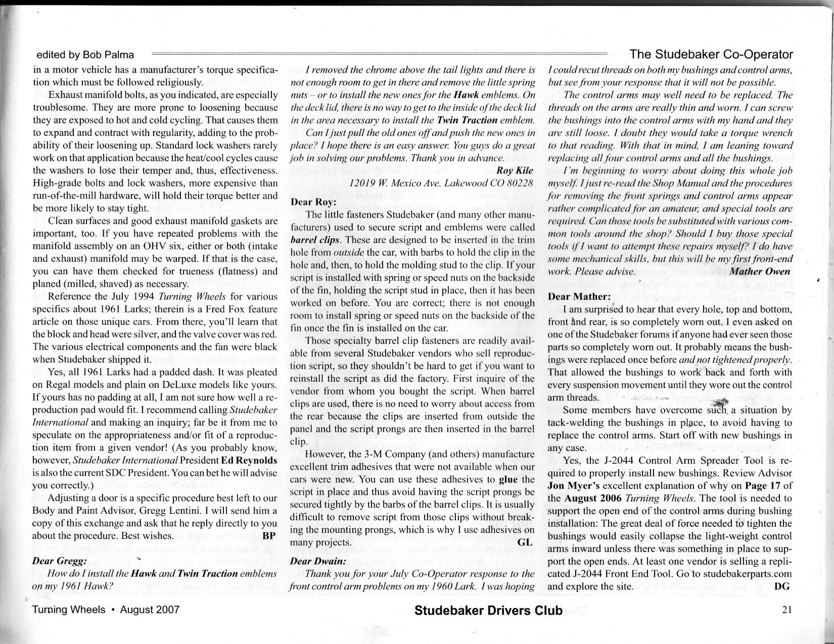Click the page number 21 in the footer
786,610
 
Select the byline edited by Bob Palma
85,55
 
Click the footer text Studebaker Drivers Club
488,611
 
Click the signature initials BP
269,536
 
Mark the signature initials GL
526,542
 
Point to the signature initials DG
781,586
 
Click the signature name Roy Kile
515,170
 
